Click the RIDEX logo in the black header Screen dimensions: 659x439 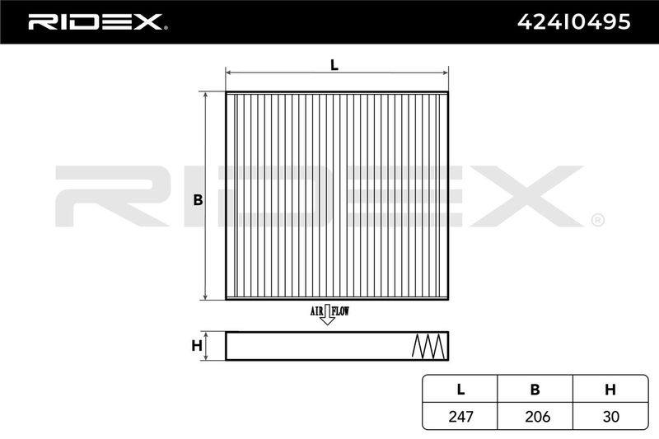tap(97, 22)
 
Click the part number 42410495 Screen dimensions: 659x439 tap(573, 22)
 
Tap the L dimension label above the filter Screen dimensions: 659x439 tap(334, 65)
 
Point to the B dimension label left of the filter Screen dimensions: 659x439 tap(198, 200)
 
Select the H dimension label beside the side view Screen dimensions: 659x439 tap(197, 346)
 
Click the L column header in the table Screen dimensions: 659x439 tap(460, 390)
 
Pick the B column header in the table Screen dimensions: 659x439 tap(535, 390)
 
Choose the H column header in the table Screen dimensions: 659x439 tap(610, 390)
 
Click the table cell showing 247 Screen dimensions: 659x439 tap(460, 416)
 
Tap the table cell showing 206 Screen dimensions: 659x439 tap(537, 416)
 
